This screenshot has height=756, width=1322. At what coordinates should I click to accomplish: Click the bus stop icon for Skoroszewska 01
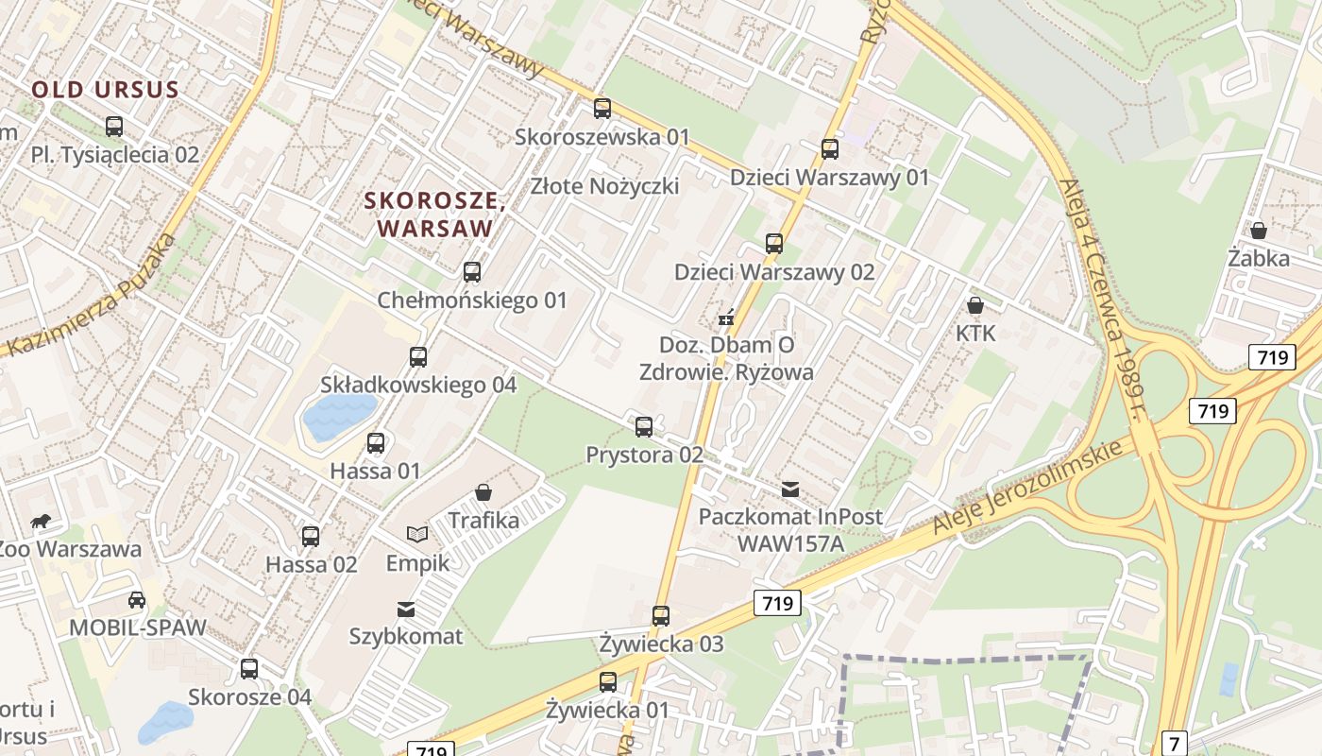pyautogui.click(x=602, y=109)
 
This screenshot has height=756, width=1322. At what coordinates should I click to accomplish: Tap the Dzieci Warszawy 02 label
pyautogui.click(x=774, y=272)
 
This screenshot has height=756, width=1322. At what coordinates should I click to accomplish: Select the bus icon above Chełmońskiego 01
pyautogui.click(x=472, y=272)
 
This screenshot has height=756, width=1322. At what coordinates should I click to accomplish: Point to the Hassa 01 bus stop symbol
pyautogui.click(x=376, y=442)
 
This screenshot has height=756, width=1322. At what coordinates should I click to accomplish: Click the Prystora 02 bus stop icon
pyautogui.click(x=644, y=426)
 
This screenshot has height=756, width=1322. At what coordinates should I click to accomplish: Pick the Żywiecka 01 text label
pyautogui.click(x=607, y=710)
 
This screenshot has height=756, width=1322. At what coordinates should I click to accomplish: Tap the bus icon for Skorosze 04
pyautogui.click(x=249, y=669)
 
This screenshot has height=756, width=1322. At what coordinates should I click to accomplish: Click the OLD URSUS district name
pyautogui.click(x=105, y=90)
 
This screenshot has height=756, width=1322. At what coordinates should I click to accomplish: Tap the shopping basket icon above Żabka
pyautogui.click(x=1259, y=231)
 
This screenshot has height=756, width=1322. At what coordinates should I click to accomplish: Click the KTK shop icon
pyautogui.click(x=975, y=305)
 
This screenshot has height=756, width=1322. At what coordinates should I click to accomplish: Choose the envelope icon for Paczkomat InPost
pyautogui.click(x=790, y=490)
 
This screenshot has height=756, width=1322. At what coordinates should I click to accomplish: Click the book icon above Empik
pyautogui.click(x=417, y=534)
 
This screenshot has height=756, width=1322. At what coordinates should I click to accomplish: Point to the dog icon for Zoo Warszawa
pyautogui.click(x=40, y=521)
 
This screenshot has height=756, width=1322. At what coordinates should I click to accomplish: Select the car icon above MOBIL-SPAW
pyautogui.click(x=137, y=599)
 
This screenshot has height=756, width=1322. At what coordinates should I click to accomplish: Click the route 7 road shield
pyautogui.click(x=1174, y=743)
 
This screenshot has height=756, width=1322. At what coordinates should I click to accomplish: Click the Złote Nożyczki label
pyautogui.click(x=605, y=185)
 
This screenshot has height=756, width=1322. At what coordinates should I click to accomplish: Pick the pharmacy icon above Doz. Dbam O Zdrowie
pyautogui.click(x=726, y=318)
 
